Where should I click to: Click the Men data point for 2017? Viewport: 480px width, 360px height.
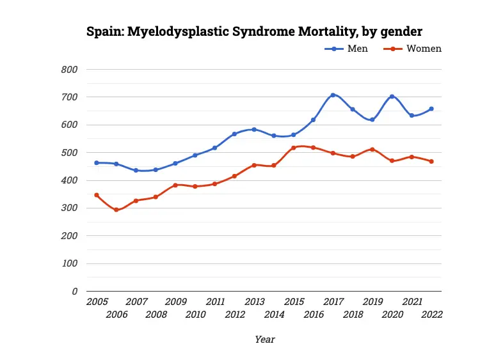coord(333,95)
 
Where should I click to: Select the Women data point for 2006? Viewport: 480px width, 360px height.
coord(116,210)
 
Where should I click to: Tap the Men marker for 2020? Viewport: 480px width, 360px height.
coord(392,97)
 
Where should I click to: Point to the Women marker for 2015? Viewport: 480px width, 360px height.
coord(294,148)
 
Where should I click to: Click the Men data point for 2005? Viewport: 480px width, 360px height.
coord(97,163)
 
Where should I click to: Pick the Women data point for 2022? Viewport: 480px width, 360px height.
coord(431,161)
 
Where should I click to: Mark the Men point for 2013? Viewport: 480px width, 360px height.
coord(254,129)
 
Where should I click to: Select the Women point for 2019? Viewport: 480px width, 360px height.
coord(372,149)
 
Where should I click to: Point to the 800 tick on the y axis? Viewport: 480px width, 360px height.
coord(70,70)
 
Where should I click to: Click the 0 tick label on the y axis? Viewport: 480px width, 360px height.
coord(74,291)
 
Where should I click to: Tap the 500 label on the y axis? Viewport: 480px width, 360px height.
coord(70,153)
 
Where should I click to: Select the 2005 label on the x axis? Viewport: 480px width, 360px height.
coord(97,302)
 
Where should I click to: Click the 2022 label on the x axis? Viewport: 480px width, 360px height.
coord(432,314)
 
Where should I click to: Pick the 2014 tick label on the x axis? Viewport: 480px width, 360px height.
coord(274,314)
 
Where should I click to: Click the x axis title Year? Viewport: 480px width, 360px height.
coord(264,339)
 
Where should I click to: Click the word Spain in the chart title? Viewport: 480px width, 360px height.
coord(105,31)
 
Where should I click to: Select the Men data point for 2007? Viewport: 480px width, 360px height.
coord(136,170)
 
